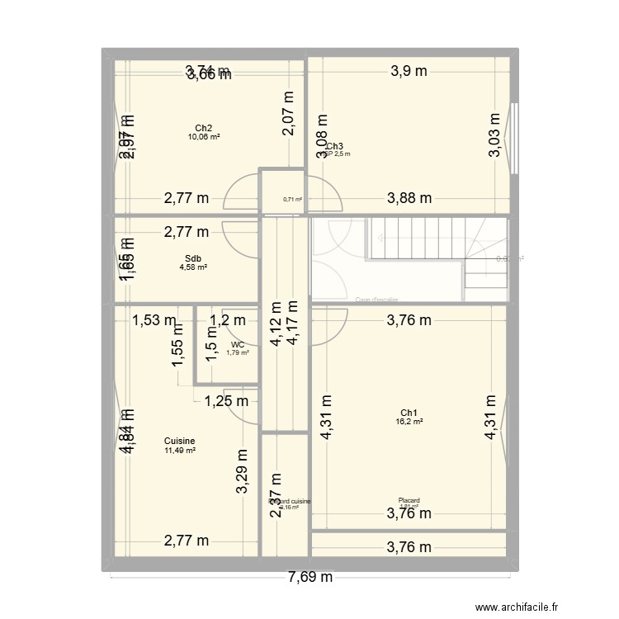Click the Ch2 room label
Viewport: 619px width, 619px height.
(x=203, y=128)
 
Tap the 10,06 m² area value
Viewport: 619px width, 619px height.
(x=203, y=137)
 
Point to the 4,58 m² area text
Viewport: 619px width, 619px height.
(x=193, y=267)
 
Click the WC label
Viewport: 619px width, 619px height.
(x=238, y=345)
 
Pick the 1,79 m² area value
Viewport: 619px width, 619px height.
(x=238, y=353)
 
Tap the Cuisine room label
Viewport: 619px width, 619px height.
(x=179, y=441)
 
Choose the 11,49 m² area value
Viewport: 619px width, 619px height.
(x=179, y=451)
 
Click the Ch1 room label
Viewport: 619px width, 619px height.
(x=409, y=413)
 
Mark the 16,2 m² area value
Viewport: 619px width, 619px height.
(x=409, y=422)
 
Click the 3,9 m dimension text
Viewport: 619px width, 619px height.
(x=409, y=71)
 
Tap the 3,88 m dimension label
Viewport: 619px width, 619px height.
(x=410, y=197)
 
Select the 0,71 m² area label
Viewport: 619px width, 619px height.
(x=292, y=199)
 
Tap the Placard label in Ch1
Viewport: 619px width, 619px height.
(x=409, y=500)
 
